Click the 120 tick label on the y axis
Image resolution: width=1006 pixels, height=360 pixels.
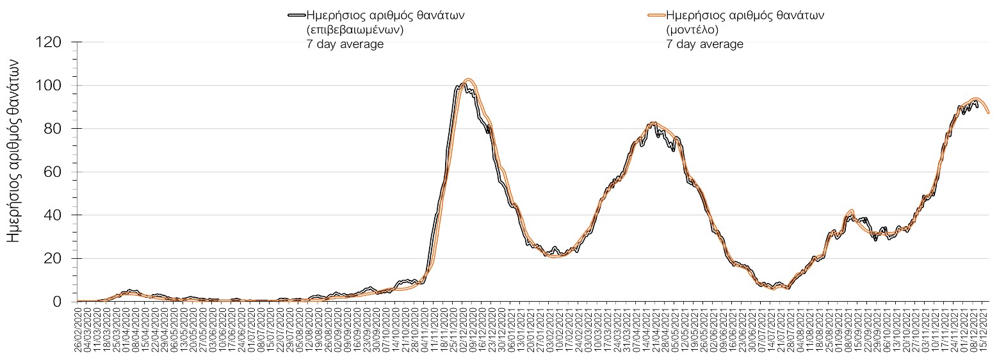[x=48, y=42]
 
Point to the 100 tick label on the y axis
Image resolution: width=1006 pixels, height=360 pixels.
[x=48, y=85]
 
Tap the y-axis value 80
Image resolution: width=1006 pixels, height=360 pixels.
[x=52, y=129]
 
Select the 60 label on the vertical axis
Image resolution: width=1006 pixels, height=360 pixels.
[x=52, y=172]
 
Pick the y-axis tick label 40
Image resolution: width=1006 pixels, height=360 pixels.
[x=52, y=215]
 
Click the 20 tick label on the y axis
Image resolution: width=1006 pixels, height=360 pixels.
[x=52, y=258]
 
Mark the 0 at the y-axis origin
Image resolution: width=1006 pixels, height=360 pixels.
[x=56, y=302]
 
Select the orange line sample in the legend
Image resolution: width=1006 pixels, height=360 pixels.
[x=656, y=16]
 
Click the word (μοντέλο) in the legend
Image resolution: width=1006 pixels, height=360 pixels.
[x=692, y=30]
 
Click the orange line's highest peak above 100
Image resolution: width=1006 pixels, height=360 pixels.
[x=469, y=79]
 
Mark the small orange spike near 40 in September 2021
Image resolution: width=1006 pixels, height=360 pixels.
[x=850, y=210]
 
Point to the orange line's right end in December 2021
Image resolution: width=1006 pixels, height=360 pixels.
[x=989, y=113]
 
